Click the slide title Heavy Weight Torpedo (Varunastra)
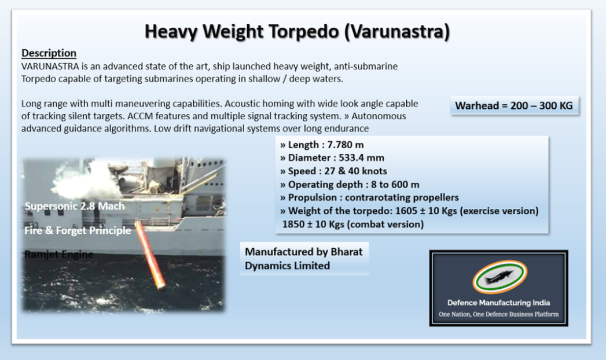point(297,31)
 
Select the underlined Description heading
point(49,53)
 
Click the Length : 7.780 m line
point(322,145)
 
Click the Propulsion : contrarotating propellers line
point(369,197)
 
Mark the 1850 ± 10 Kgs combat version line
point(352,224)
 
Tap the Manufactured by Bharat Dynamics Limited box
point(304,259)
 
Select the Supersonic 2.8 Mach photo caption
point(74,206)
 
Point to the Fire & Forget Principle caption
point(78,230)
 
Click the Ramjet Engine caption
point(58,254)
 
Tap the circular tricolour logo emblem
point(499,277)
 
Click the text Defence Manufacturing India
point(498,303)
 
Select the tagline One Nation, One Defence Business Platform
point(498,314)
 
